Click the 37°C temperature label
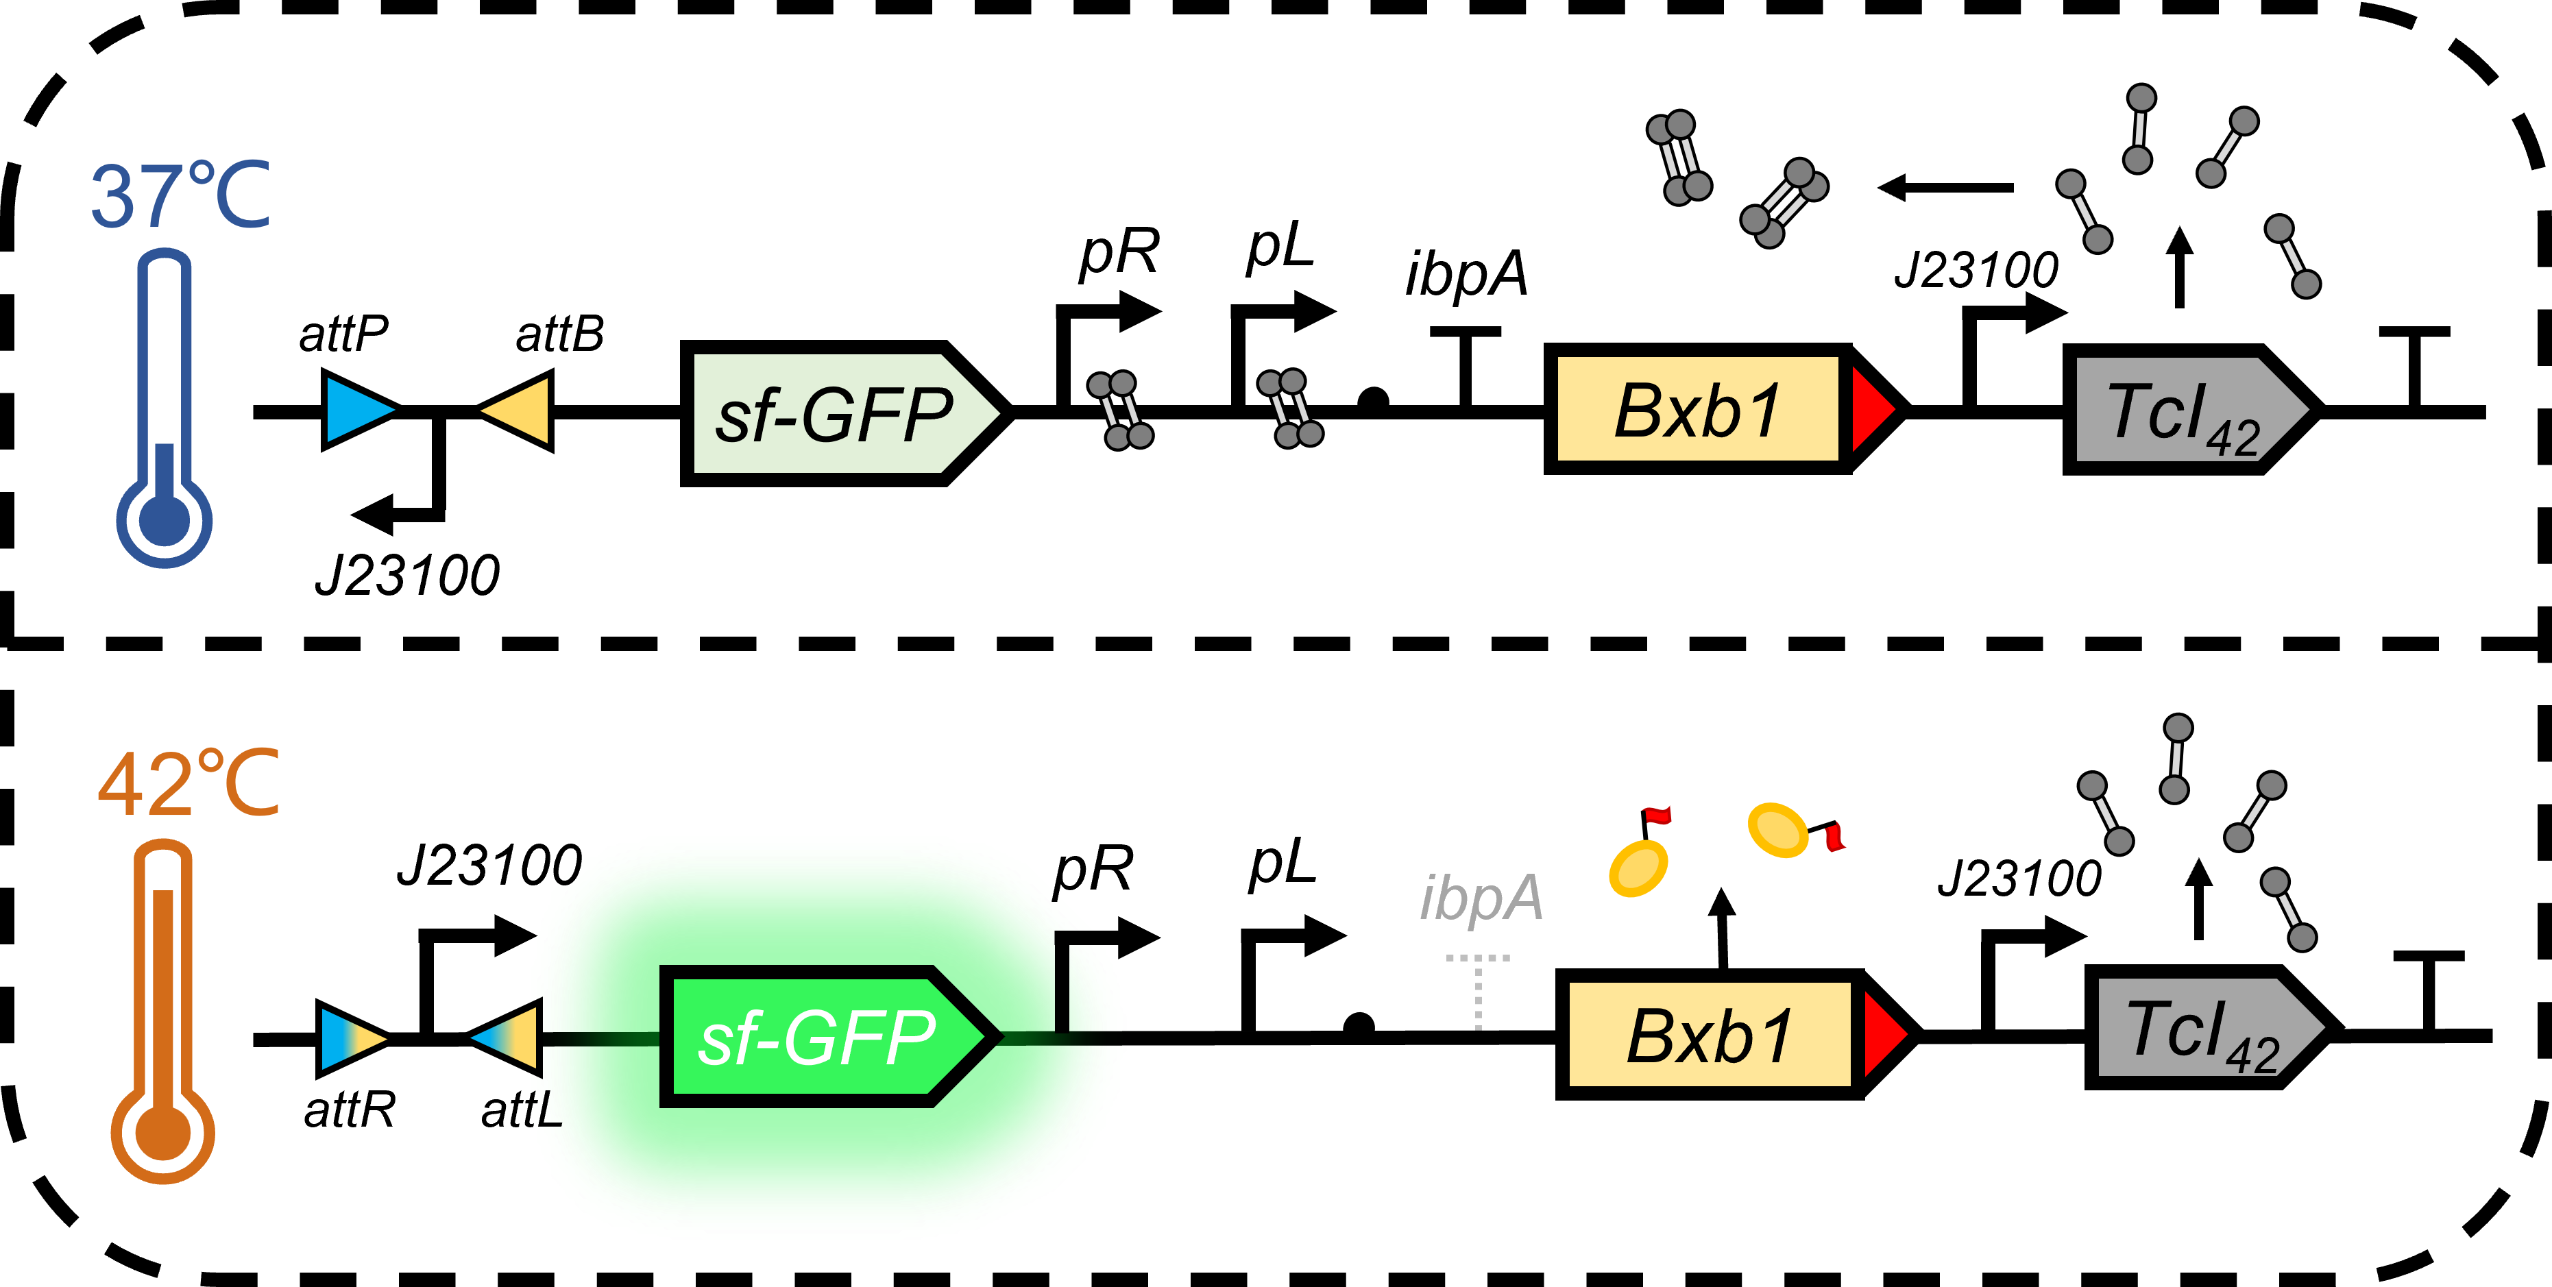coord(180,195)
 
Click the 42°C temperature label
coord(189,784)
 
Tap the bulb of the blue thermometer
coord(165,520)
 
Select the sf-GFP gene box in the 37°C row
coord(837,413)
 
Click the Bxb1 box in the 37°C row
coord(1697,409)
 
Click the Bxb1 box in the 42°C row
coord(1709,1034)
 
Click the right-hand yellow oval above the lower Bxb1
coord(1777,829)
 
